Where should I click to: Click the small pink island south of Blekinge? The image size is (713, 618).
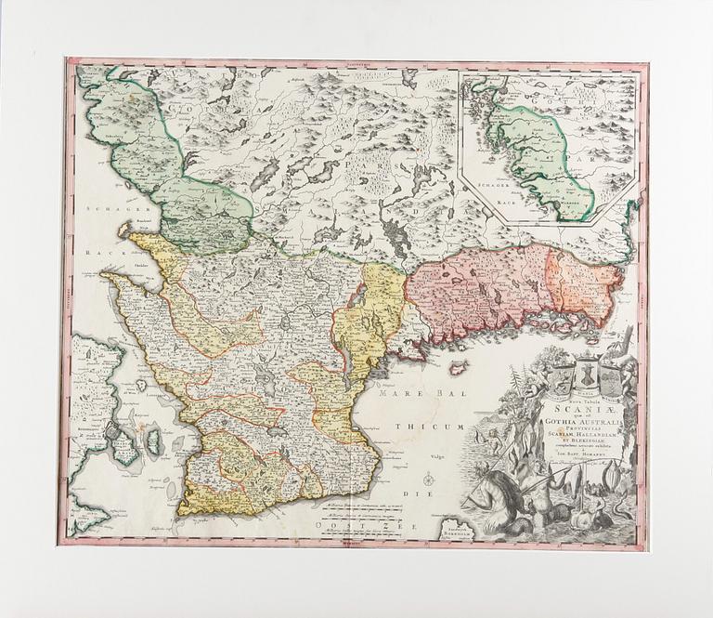(x=457, y=368)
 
